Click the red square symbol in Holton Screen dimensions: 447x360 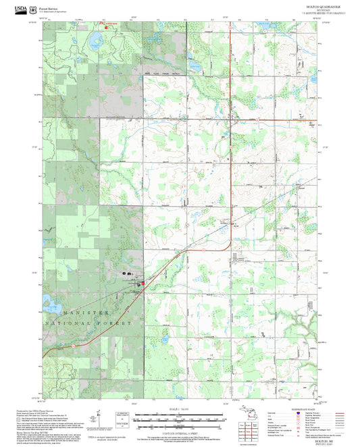(x=142, y=284)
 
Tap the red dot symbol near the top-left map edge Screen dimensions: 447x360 (x=105, y=27)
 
